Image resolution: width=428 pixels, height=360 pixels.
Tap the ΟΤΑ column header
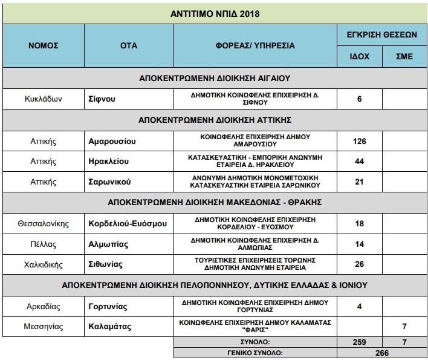127,45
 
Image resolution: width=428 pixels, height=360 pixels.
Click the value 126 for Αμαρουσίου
359,142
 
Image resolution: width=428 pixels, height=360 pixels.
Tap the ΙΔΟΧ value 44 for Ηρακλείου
359,162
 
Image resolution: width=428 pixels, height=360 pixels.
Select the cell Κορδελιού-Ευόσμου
127,224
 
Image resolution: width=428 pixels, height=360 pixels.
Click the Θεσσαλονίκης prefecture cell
42,224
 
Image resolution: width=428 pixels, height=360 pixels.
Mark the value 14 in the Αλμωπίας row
359,244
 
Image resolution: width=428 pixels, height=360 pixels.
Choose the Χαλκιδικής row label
42,264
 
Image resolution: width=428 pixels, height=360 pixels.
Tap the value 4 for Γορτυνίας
359,306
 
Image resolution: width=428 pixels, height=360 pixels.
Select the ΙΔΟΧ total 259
359,342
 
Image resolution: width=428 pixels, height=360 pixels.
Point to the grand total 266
381,352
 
